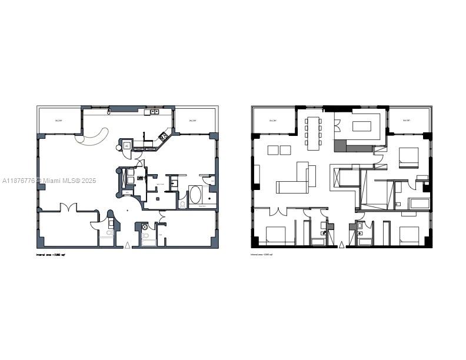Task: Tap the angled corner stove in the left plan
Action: click(x=162, y=137)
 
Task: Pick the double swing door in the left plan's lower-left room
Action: click(x=69, y=208)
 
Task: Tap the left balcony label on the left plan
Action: click(x=58, y=121)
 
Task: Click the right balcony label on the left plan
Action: click(x=192, y=121)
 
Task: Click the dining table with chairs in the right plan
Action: click(x=312, y=131)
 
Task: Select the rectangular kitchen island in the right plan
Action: click(x=361, y=125)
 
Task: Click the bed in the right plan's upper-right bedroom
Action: click(x=408, y=157)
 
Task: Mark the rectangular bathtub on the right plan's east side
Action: click(x=420, y=204)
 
